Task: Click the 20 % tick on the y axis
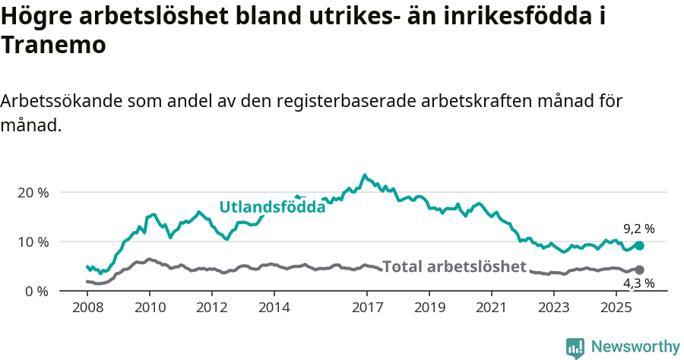click(x=33, y=193)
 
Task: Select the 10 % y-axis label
click(x=33, y=242)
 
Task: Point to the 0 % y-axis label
click(x=37, y=292)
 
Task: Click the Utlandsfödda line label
click(x=272, y=207)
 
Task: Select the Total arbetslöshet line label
click(x=454, y=267)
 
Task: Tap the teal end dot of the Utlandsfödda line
click(x=639, y=246)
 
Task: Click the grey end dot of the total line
click(x=639, y=270)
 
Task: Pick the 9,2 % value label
click(x=638, y=229)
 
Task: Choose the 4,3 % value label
click(x=638, y=284)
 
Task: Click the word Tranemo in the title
click(x=53, y=45)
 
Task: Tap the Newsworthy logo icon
click(x=575, y=348)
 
